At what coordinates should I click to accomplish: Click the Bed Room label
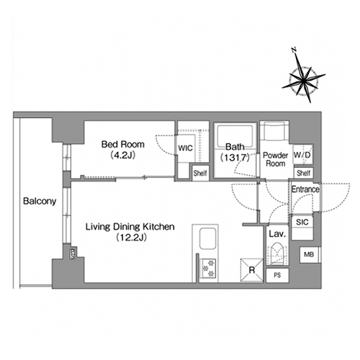pos(123,145)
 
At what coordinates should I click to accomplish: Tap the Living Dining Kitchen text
pos(130,227)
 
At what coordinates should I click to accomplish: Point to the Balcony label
pos(40,201)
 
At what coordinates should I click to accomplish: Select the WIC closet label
pos(185,148)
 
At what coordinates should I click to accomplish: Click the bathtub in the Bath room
pos(235,135)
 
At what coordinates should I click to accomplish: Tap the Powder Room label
pos(276,159)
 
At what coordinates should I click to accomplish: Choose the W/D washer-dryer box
pos(303,154)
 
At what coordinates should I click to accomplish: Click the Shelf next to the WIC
pos(200,173)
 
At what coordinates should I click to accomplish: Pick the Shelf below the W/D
pos(304,173)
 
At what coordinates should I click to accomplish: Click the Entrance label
pos(305,189)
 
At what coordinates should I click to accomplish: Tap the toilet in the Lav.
pos(277,254)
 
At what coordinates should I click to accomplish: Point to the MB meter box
pos(310,254)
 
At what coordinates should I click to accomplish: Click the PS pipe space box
pos(277,275)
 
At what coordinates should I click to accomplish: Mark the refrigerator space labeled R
pos(252,270)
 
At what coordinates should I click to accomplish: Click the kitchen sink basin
pos(208,238)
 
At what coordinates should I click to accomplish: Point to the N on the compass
pos(294,50)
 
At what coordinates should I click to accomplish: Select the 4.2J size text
pos(123,156)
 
